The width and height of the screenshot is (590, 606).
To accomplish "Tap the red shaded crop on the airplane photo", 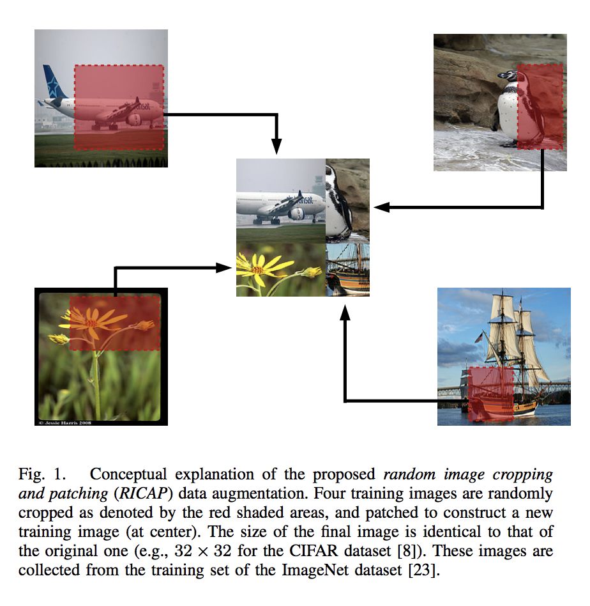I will coord(118,107).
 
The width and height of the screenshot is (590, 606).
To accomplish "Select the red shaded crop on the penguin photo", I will coord(540,106).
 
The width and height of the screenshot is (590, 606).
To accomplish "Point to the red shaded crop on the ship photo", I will coord(490,394).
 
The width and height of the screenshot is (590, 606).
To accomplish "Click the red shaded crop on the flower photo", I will coord(114,323).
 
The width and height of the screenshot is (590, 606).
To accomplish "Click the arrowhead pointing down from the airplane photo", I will coord(276,146).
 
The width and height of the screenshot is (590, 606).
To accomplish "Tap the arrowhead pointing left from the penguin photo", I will coord(382,206).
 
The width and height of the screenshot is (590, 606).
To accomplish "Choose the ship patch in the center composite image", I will coord(348,270).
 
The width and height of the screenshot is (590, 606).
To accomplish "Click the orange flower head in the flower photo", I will coord(93,321).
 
